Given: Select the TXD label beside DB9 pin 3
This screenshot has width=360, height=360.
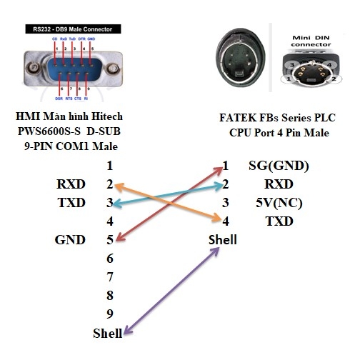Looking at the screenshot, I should click(x=71, y=203).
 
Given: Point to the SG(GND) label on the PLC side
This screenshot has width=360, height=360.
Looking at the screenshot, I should click(x=279, y=166).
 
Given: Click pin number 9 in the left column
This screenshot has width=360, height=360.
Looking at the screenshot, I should click(x=109, y=314).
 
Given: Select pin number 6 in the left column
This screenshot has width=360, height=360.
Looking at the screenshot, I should click(x=109, y=259).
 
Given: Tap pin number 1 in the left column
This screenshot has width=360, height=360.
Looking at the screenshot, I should click(x=109, y=166).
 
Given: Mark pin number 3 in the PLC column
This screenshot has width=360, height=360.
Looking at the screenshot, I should click(x=225, y=203).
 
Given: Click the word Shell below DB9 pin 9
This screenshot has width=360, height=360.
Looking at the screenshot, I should click(x=107, y=333).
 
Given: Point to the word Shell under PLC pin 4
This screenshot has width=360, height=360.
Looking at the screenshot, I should click(x=222, y=240).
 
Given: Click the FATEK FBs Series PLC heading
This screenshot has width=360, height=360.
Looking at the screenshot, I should click(x=279, y=119).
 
